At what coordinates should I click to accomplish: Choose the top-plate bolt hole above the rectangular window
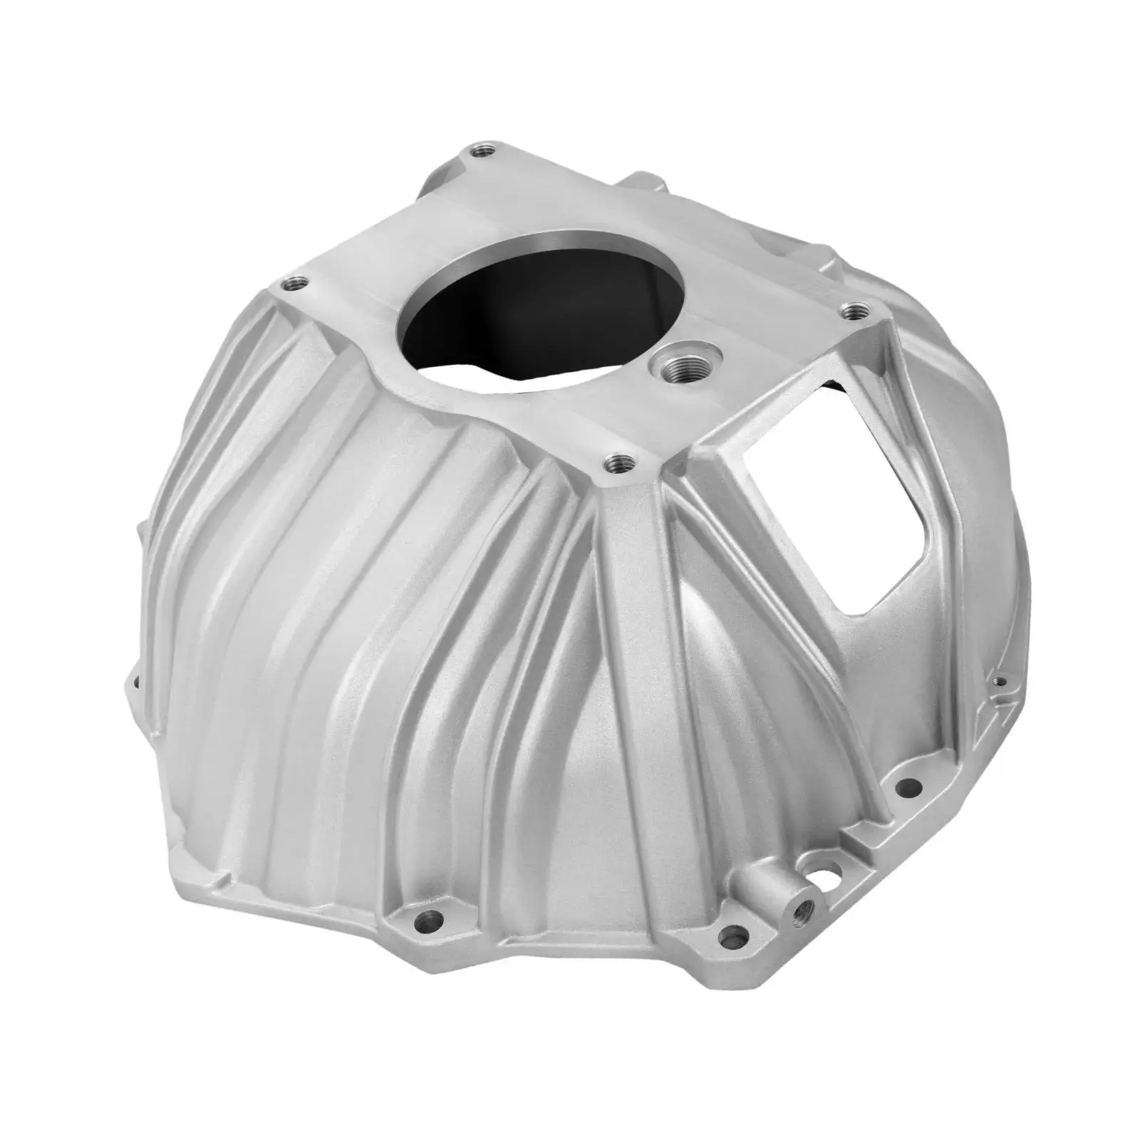852,311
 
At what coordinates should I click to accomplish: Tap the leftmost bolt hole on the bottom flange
428,920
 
